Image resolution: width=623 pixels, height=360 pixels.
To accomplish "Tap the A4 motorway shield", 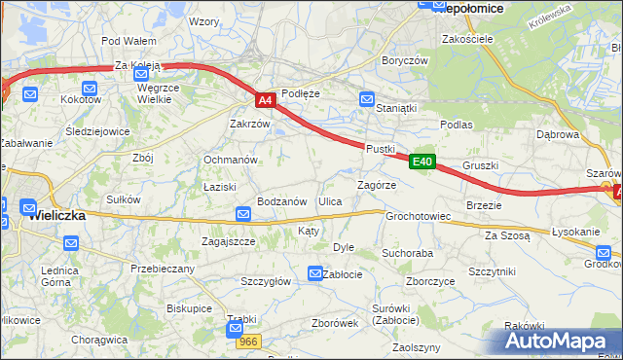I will point(266,99).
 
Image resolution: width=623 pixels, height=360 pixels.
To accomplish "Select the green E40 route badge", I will point(421,162).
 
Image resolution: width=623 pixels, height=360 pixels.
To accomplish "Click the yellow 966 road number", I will point(248,342).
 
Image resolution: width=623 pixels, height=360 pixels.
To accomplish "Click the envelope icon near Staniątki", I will point(367,99).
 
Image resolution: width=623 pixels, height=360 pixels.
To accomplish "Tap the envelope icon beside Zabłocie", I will point(315,274).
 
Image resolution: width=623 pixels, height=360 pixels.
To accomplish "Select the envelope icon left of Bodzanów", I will point(243,214).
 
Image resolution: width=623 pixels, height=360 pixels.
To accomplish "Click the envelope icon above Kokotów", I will point(30,93).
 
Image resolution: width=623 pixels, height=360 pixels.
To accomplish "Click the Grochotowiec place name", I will point(418,216).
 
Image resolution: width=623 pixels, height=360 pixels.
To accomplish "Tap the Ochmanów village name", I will point(230,159).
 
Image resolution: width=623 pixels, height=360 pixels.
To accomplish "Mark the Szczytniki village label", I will point(492,271).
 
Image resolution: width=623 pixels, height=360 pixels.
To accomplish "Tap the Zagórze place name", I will point(376,185).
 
